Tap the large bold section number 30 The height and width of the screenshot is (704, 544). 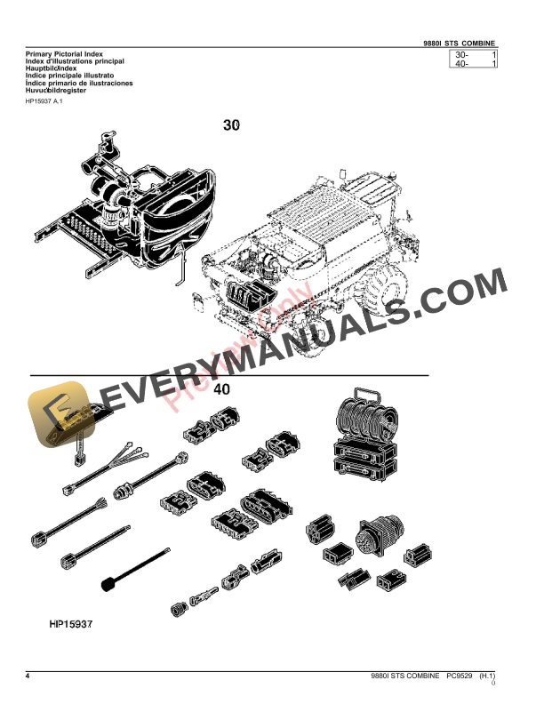tap(232, 126)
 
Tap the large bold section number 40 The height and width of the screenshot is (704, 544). tap(222, 389)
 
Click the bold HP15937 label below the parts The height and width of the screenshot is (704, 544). tap(71, 623)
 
